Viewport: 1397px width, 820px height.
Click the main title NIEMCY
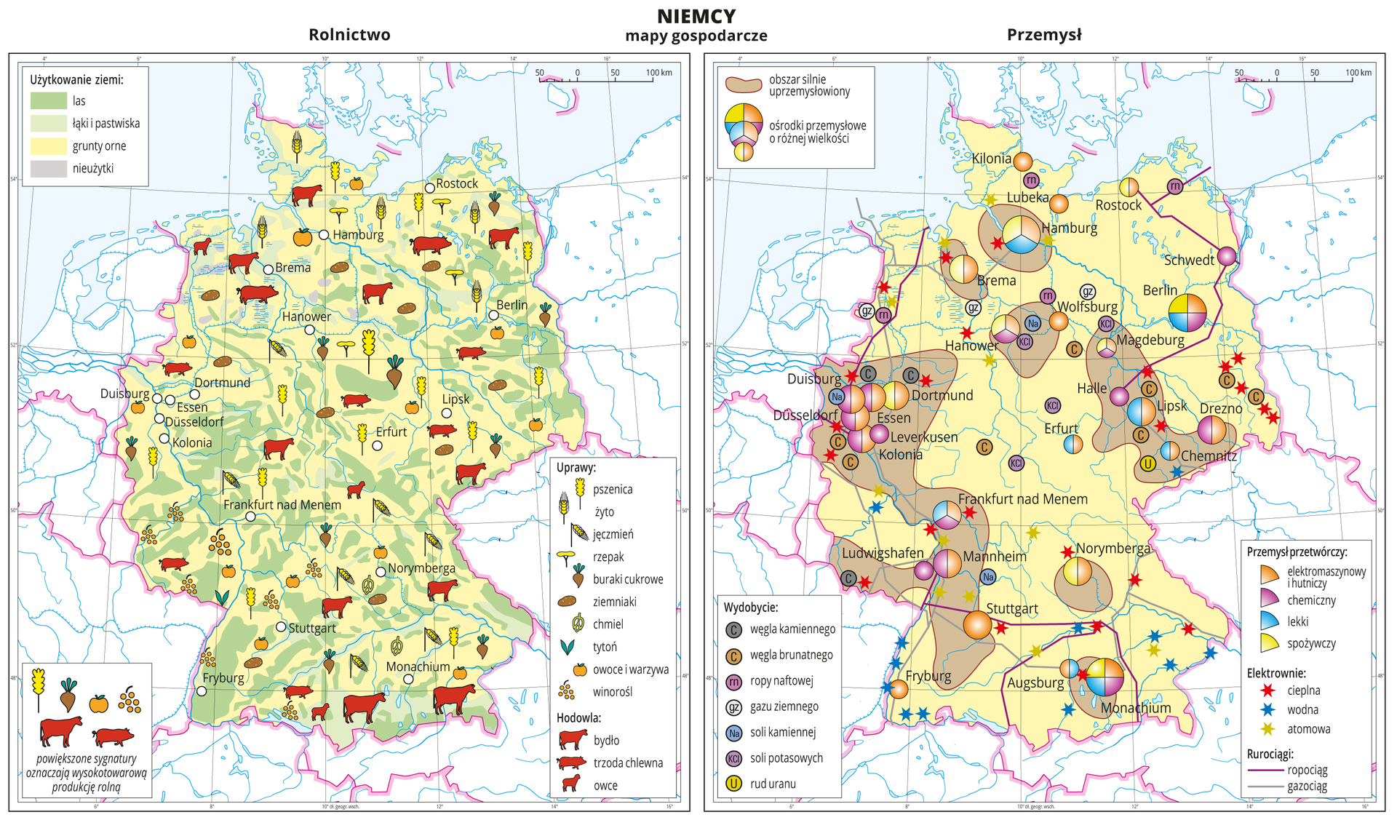[696, 16]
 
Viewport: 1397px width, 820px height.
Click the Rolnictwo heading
[349, 35]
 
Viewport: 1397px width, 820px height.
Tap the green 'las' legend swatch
[48, 101]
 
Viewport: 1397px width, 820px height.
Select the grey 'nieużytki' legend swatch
[48, 169]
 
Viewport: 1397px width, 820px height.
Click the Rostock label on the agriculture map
[457, 183]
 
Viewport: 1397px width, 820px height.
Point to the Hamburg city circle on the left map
[324, 234]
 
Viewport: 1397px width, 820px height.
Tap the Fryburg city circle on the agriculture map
[202, 691]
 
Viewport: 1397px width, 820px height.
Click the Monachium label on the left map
[418, 666]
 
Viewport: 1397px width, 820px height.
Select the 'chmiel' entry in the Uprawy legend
[608, 624]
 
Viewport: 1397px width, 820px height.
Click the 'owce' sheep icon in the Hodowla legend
[572, 784]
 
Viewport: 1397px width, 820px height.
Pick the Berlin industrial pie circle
[1187, 312]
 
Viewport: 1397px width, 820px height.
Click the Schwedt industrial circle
[1227, 256]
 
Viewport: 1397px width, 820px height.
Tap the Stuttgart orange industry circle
[978, 625]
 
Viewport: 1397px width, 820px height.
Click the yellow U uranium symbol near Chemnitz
[1147, 463]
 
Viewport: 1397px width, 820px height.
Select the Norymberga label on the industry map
[1113, 548]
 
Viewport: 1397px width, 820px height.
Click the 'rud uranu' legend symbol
[734, 784]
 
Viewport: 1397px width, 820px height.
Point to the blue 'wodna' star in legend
[1268, 709]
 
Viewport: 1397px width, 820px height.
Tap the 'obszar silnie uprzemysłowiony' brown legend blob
[743, 84]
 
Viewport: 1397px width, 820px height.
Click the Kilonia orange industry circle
[1023, 162]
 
